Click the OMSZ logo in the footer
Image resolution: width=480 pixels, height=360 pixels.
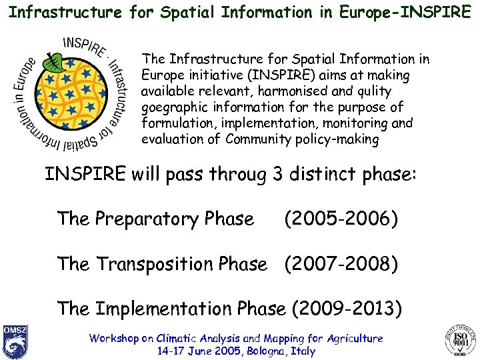click(14, 340)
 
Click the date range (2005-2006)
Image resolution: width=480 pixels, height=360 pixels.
click(341, 219)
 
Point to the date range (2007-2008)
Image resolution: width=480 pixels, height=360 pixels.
click(341, 264)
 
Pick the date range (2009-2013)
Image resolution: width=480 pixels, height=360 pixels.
click(347, 309)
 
